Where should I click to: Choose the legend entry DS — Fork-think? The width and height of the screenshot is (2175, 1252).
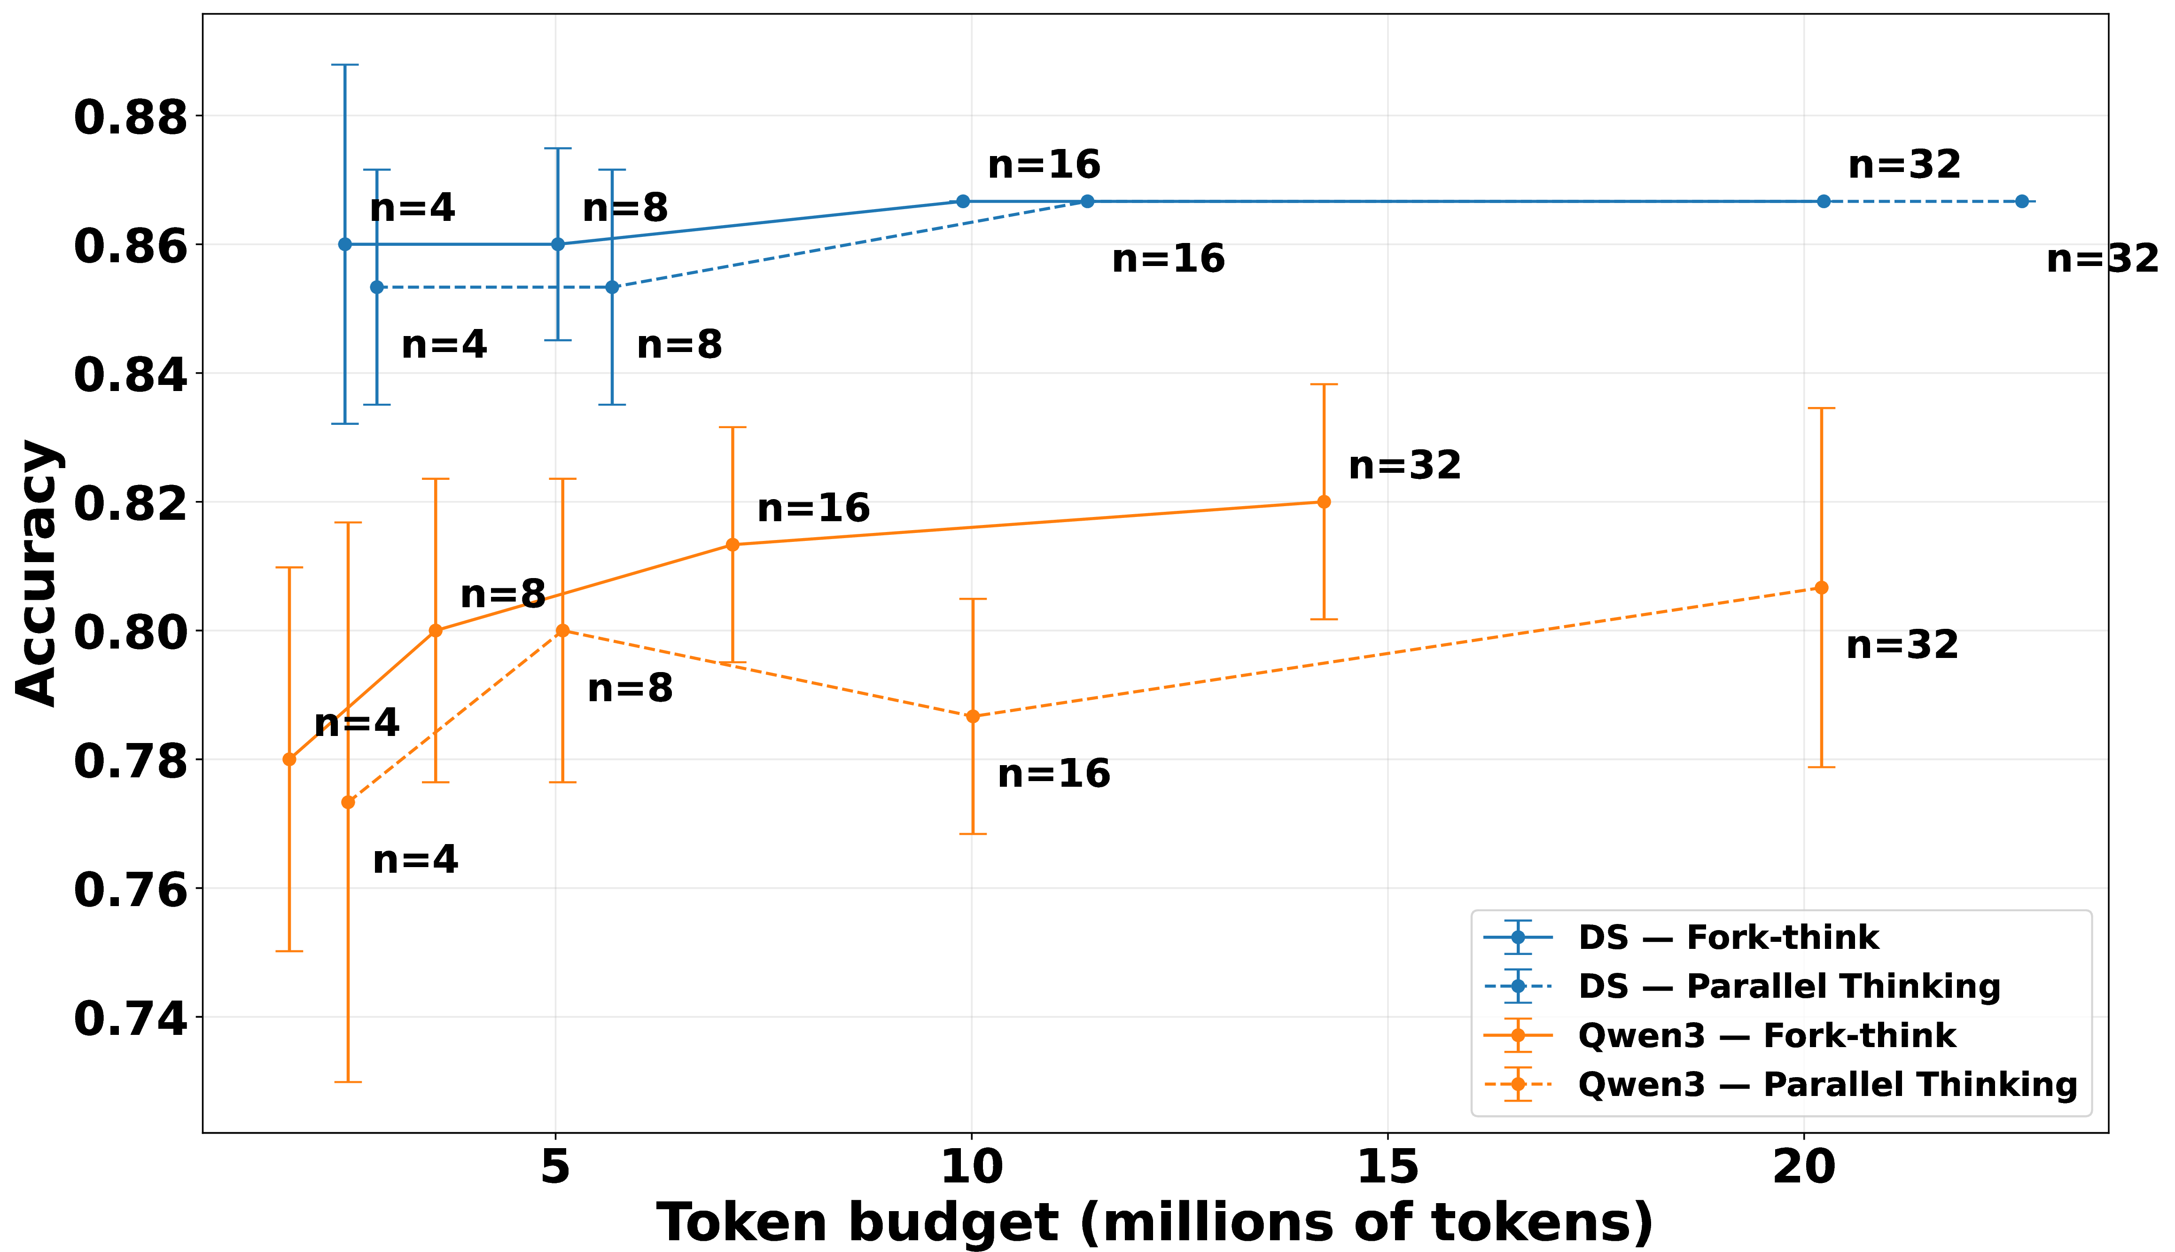tap(1728, 937)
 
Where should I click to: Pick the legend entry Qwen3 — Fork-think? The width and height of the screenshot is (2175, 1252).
tap(1767, 1035)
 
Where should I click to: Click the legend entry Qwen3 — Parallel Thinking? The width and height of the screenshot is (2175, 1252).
tap(1828, 1084)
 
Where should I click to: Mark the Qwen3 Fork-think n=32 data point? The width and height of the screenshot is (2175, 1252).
tap(1324, 501)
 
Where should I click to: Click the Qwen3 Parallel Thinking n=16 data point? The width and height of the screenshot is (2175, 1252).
tap(972, 716)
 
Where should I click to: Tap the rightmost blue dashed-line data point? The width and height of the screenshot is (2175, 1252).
tap(2022, 201)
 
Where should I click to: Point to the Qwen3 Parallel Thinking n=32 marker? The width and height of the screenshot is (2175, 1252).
tap(1821, 587)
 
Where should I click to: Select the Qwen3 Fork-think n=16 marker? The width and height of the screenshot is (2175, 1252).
tap(733, 544)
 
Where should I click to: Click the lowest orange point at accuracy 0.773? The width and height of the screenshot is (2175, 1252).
tap(348, 802)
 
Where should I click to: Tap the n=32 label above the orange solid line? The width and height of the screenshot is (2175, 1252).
tap(1405, 465)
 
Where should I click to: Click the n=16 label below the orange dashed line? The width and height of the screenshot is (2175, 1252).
tap(1054, 774)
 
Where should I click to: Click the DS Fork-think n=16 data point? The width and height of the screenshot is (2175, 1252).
tap(963, 201)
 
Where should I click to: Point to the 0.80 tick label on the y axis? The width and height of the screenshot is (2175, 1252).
tap(131, 632)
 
